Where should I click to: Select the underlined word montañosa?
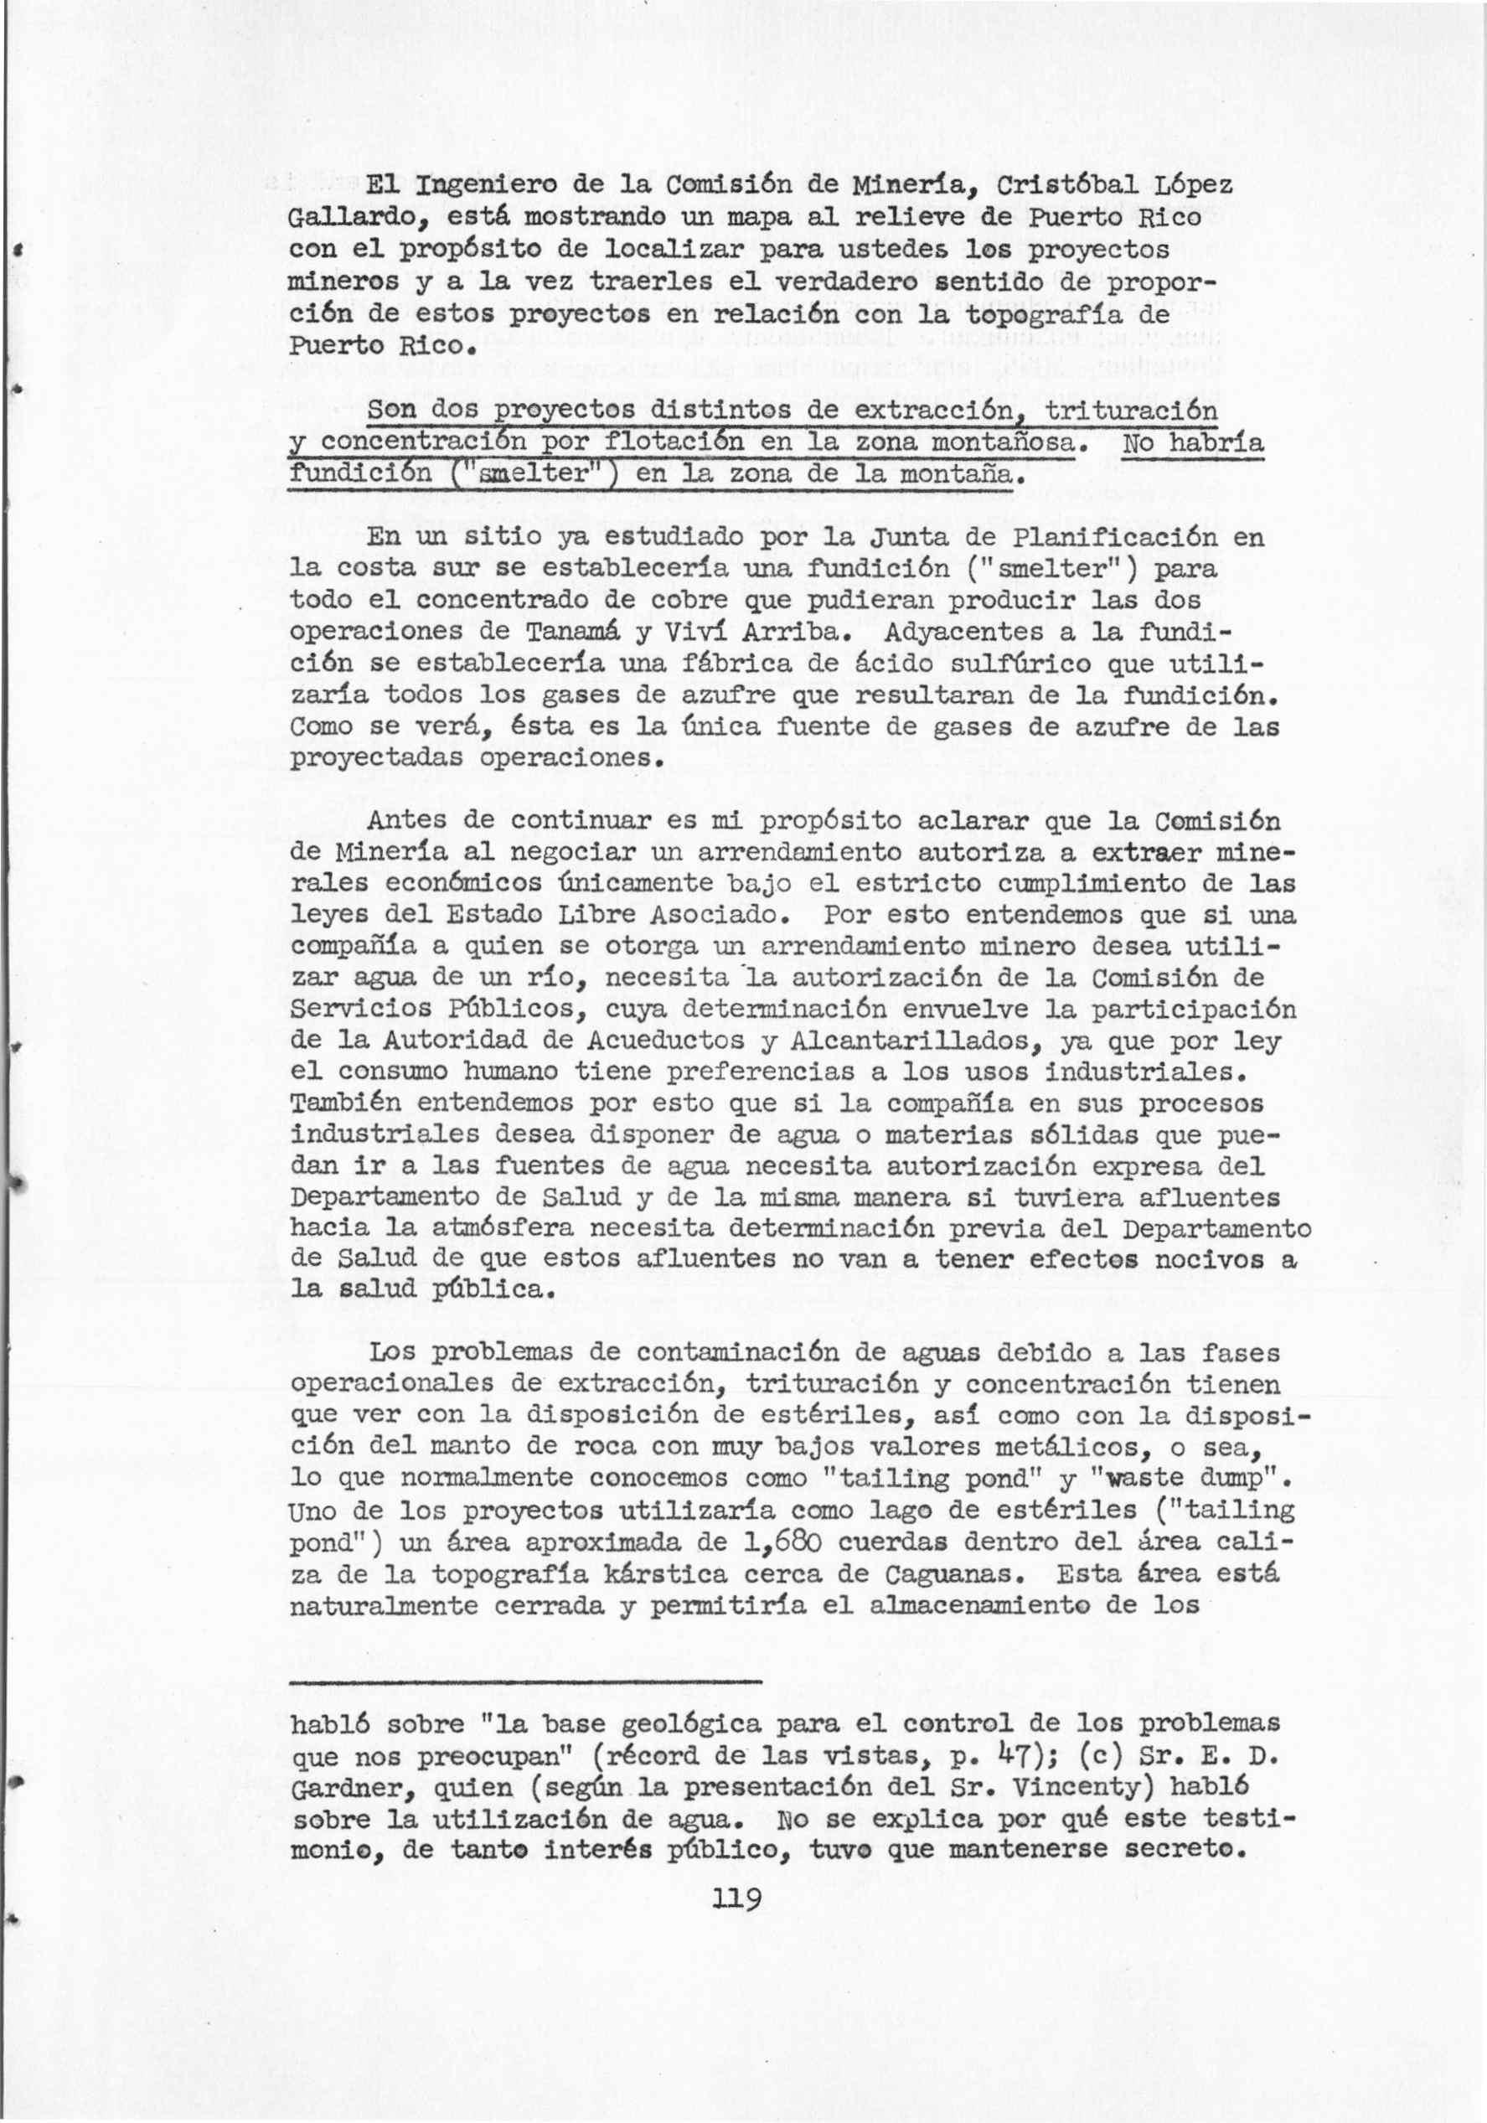(1005, 443)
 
